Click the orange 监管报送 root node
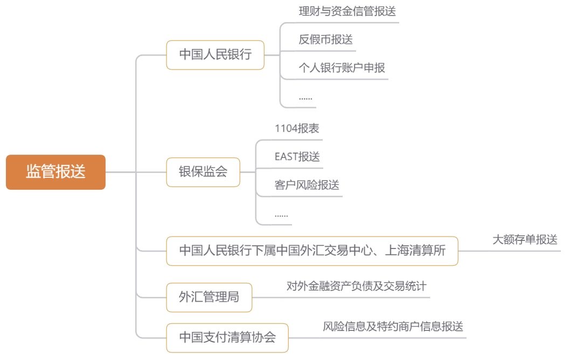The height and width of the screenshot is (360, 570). (x=55, y=172)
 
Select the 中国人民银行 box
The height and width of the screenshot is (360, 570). (x=215, y=55)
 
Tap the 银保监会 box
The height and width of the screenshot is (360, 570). (x=203, y=172)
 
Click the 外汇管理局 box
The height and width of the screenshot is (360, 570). (x=208, y=297)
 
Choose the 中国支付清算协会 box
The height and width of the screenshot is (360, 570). (x=227, y=338)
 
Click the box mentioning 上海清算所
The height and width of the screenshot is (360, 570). (x=312, y=251)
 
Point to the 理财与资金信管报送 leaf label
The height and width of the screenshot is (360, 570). (x=347, y=11)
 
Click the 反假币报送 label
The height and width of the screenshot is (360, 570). (x=325, y=39)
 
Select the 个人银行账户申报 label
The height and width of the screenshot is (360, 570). (x=342, y=68)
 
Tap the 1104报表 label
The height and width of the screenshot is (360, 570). (x=296, y=128)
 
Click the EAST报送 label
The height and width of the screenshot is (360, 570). (x=297, y=157)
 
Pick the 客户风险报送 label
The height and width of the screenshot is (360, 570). (x=307, y=185)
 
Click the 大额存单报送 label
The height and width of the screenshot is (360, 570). (x=524, y=240)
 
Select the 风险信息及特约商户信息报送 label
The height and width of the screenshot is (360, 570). (x=393, y=327)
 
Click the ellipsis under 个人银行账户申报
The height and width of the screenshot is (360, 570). (x=305, y=98)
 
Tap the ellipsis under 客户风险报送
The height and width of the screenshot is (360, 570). (x=281, y=214)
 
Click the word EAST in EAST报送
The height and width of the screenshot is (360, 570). (x=286, y=157)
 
